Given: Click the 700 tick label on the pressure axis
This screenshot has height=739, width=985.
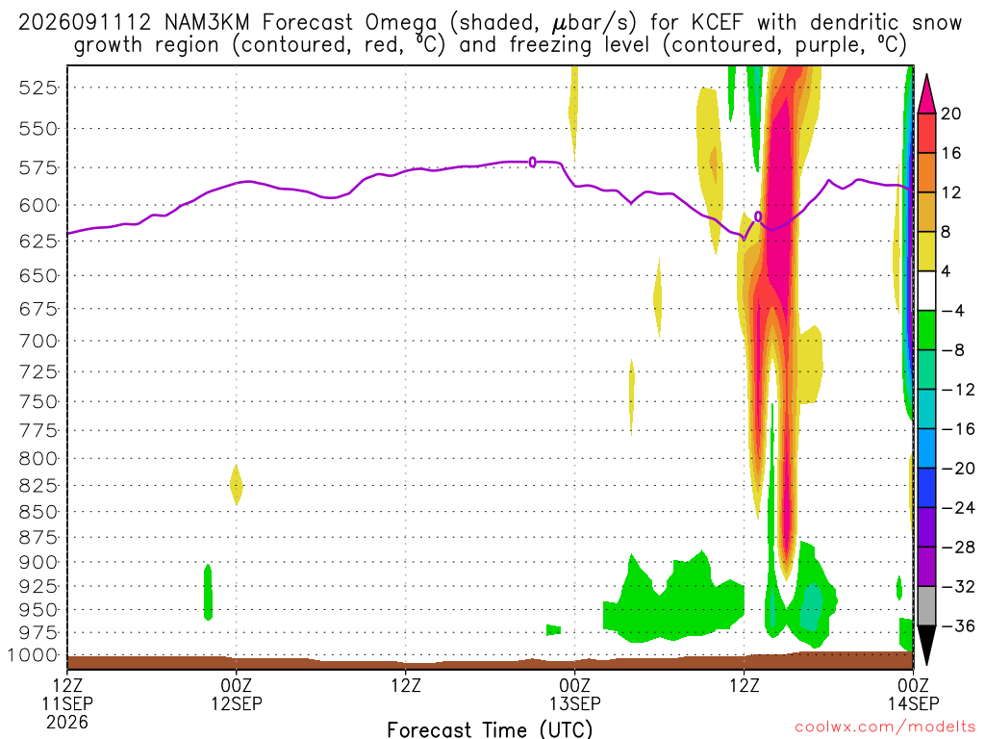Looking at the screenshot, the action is click(38, 342).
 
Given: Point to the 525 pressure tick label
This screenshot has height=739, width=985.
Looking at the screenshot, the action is click(38, 88).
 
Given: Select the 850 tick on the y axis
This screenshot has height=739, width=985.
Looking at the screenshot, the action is click(38, 512).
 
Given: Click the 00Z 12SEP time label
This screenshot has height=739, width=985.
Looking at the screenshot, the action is click(237, 695).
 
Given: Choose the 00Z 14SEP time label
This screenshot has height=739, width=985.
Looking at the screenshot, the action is click(914, 695).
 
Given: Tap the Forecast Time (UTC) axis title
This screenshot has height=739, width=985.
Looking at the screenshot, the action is click(490, 729).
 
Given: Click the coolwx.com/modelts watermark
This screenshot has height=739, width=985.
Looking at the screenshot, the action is click(886, 727).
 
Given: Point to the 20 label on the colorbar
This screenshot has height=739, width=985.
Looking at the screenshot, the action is click(950, 114).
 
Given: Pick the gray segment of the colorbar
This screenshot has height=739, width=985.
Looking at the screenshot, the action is click(926, 606).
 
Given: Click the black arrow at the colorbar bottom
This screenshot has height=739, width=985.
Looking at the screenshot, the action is click(926, 644).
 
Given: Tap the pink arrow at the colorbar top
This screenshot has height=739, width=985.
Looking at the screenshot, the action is click(926, 95).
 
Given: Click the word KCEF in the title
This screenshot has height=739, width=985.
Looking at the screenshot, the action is click(717, 23).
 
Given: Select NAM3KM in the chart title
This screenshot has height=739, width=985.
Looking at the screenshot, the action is click(207, 23).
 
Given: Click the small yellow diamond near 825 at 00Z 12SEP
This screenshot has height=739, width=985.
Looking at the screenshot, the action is click(237, 485).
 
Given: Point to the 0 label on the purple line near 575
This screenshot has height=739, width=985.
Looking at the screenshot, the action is click(533, 162).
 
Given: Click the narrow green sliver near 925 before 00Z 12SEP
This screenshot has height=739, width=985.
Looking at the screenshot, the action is click(208, 593).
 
